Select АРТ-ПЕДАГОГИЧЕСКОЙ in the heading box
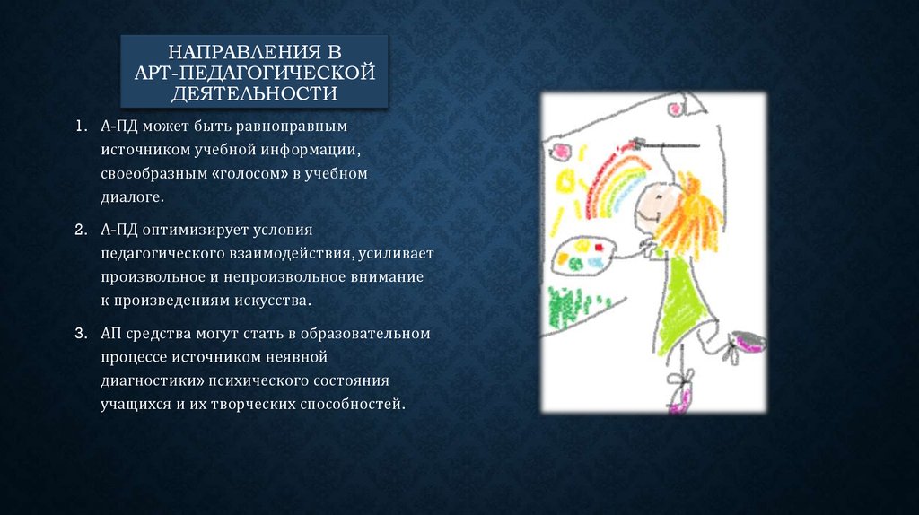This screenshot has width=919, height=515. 253,72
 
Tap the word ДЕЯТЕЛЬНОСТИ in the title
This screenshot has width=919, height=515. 253,92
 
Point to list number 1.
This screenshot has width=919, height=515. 81,127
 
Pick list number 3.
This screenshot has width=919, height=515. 81,333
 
